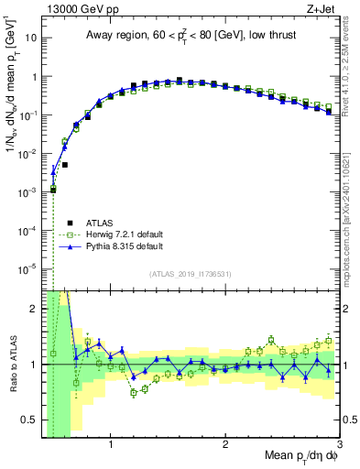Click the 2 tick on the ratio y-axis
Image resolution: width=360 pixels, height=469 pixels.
(x=35, y=309)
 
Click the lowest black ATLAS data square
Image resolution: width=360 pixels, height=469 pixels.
(x=54, y=190)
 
